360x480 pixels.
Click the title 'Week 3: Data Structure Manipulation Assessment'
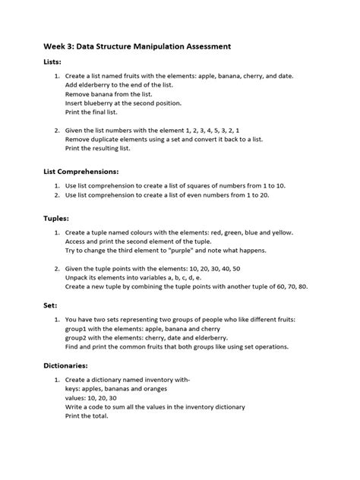[x=137, y=46]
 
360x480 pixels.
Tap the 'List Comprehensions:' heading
[x=81, y=172]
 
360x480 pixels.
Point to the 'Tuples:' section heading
[x=58, y=218]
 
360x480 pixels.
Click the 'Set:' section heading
[x=51, y=305]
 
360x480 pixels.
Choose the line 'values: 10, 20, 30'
[x=96, y=397]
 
